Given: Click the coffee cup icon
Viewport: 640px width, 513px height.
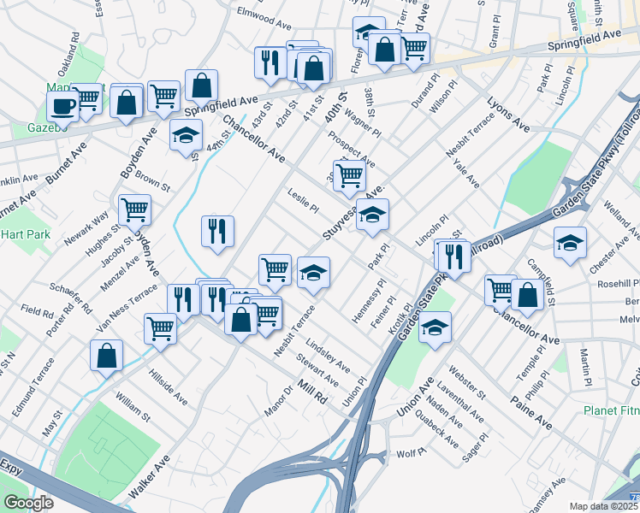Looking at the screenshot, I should point(62,106).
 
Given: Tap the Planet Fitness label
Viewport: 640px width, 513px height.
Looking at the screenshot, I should point(611,410).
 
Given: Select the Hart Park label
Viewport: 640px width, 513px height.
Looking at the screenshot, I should point(26,234).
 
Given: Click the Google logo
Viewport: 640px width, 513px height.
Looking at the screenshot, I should point(28,502).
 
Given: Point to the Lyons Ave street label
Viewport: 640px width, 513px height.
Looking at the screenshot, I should point(507,115).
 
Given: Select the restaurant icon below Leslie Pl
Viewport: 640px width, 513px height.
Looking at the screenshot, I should point(217,230).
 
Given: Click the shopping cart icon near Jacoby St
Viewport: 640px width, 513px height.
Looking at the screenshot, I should point(134,209).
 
